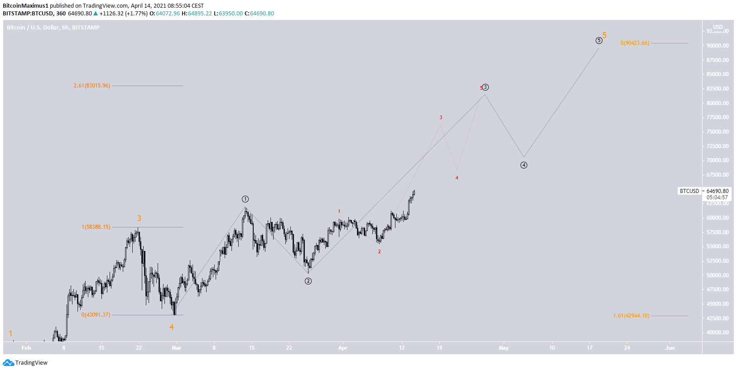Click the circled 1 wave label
click(245, 199)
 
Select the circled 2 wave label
click(308, 281)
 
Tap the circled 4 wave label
click(524, 165)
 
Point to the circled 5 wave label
click(599, 41)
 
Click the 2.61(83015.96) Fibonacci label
click(92, 86)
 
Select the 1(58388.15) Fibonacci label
click(96, 227)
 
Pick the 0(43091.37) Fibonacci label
click(96, 315)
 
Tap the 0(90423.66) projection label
click(635, 43)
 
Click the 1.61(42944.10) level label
click(631, 316)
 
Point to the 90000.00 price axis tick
click(718, 46)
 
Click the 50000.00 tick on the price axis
click(718, 275)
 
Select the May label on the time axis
click(503, 348)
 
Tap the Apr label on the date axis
click(342, 348)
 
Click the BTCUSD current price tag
click(689, 191)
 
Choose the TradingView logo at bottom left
click(25, 363)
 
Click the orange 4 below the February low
click(172, 327)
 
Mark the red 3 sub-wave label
click(441, 118)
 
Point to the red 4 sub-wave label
click(457, 178)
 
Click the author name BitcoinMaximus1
click(25, 6)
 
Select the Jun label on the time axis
click(670, 348)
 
